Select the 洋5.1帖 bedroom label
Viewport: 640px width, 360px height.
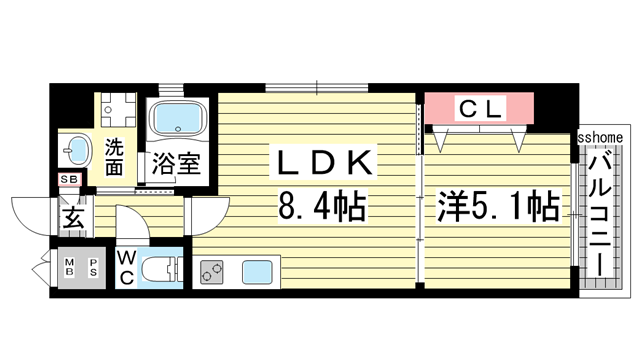pyautogui.click(x=497, y=208)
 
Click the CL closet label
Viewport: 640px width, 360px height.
pyautogui.click(x=481, y=106)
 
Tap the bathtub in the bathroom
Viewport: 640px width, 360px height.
pyautogui.click(x=177, y=119)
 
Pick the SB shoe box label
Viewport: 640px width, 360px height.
pyautogui.click(x=69, y=180)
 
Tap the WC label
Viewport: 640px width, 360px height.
pyautogui.click(x=126, y=269)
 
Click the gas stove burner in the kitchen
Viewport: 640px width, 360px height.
pyautogui.click(x=213, y=270)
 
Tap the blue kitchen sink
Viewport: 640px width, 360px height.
pyautogui.click(x=258, y=270)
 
